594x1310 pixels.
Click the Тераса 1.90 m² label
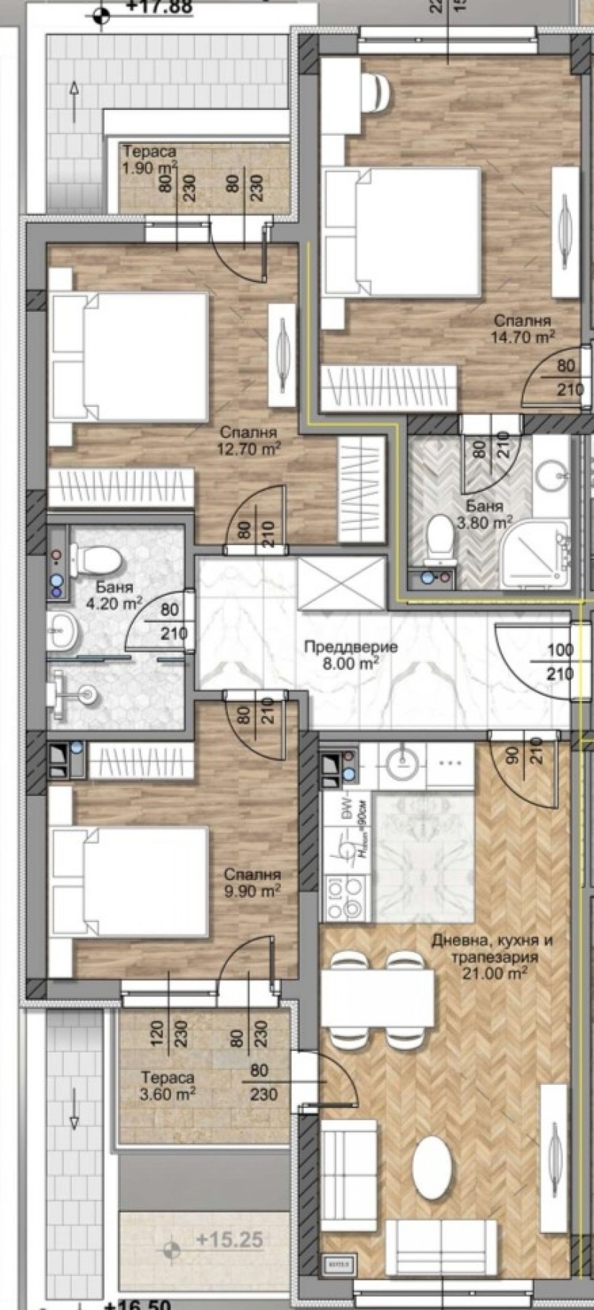150,160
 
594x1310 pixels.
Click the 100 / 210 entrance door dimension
560,662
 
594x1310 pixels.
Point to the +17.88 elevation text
159,7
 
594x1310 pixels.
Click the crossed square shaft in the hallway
342,584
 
